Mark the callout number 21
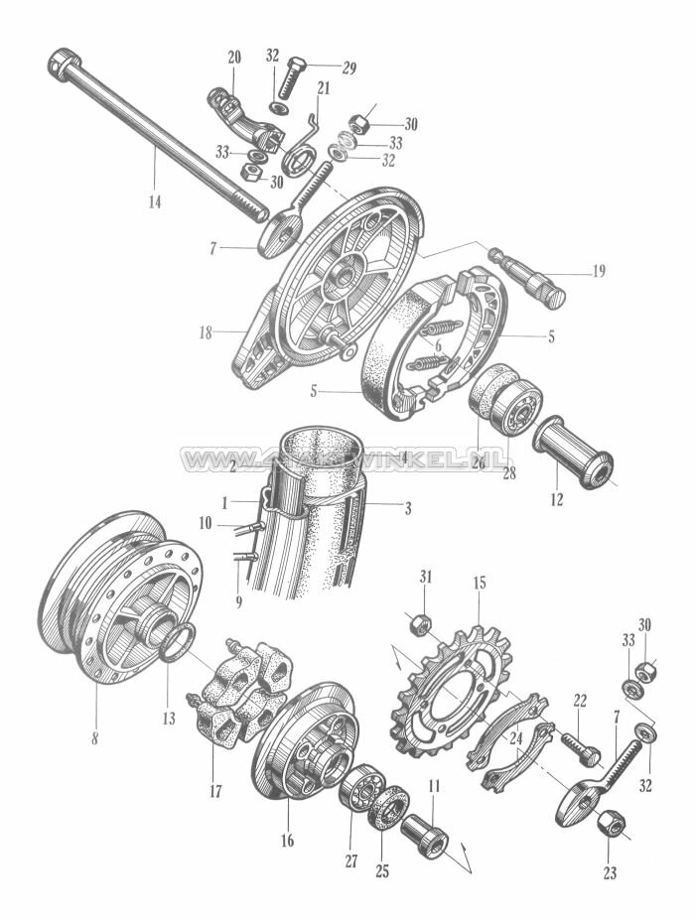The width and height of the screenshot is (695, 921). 323,86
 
